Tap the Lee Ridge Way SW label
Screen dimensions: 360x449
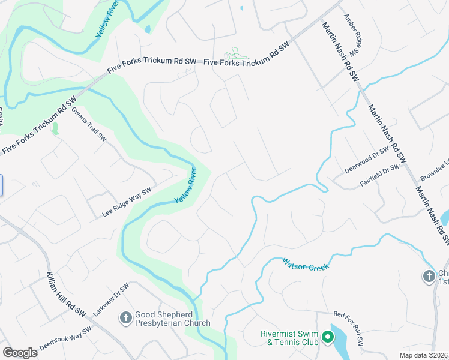(126, 202)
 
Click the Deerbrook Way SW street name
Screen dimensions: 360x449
(65, 338)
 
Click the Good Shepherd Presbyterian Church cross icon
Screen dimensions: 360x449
(126, 317)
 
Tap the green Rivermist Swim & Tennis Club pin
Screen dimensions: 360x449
(327, 338)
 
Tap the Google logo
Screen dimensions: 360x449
(20, 352)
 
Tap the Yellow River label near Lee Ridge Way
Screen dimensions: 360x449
(185, 185)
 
